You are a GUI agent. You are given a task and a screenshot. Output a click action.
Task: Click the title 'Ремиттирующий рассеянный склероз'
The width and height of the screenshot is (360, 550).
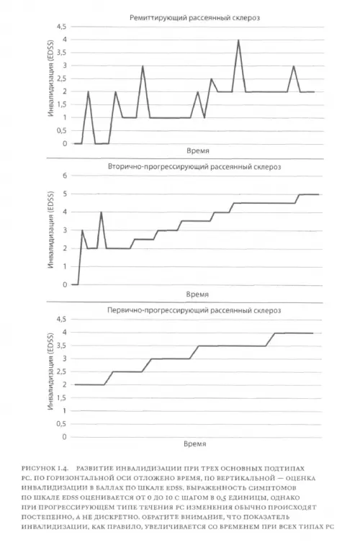click(x=194, y=17)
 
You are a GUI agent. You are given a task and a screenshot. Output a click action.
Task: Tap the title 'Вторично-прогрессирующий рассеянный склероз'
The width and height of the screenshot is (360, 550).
click(x=194, y=166)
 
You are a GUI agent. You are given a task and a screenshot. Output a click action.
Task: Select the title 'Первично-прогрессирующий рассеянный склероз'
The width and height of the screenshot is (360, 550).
click(x=194, y=310)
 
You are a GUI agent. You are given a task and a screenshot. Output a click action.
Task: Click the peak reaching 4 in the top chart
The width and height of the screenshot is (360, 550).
click(x=238, y=40)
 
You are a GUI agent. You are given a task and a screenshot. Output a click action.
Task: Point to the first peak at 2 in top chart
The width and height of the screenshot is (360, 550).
click(x=89, y=92)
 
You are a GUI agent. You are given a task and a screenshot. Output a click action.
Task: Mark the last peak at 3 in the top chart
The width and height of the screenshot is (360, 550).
click(x=294, y=66)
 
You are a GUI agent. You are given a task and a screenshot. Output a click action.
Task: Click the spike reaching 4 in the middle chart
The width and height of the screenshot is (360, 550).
click(x=101, y=212)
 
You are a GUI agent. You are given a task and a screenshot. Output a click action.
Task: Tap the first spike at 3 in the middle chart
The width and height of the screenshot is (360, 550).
click(x=82, y=230)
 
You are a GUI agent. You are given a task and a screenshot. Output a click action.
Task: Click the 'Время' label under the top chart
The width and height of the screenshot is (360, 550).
click(x=198, y=151)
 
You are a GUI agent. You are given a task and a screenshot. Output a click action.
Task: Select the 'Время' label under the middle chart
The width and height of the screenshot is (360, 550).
click(x=197, y=294)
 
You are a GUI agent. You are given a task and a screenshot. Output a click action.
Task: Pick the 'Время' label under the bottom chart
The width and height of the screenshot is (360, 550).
click(x=194, y=443)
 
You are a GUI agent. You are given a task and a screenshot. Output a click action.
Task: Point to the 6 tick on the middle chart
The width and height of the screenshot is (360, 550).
click(x=65, y=176)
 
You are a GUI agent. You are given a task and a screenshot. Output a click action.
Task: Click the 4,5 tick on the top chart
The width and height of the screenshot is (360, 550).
click(x=61, y=27)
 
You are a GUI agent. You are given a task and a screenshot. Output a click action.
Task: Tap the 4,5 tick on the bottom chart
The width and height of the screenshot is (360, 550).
click(x=61, y=319)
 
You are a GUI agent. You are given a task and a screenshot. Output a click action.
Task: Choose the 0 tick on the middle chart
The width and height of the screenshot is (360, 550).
click(x=65, y=285)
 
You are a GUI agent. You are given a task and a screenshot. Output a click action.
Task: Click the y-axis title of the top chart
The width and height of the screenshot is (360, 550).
click(x=51, y=86)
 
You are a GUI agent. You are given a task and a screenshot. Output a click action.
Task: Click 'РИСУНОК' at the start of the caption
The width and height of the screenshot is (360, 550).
click(x=38, y=468)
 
